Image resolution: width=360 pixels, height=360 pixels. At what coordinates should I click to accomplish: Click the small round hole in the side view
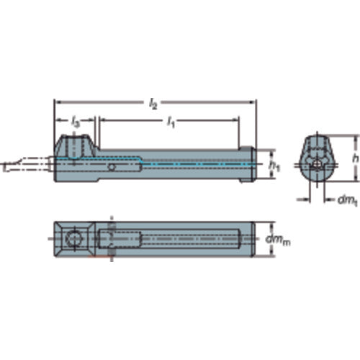point(110,168)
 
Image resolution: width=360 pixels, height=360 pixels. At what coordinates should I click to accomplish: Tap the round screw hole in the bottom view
point(73,238)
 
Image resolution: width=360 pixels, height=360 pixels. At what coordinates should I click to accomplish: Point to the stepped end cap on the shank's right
point(249,165)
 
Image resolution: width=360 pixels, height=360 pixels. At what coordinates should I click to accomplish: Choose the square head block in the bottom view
point(72,238)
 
